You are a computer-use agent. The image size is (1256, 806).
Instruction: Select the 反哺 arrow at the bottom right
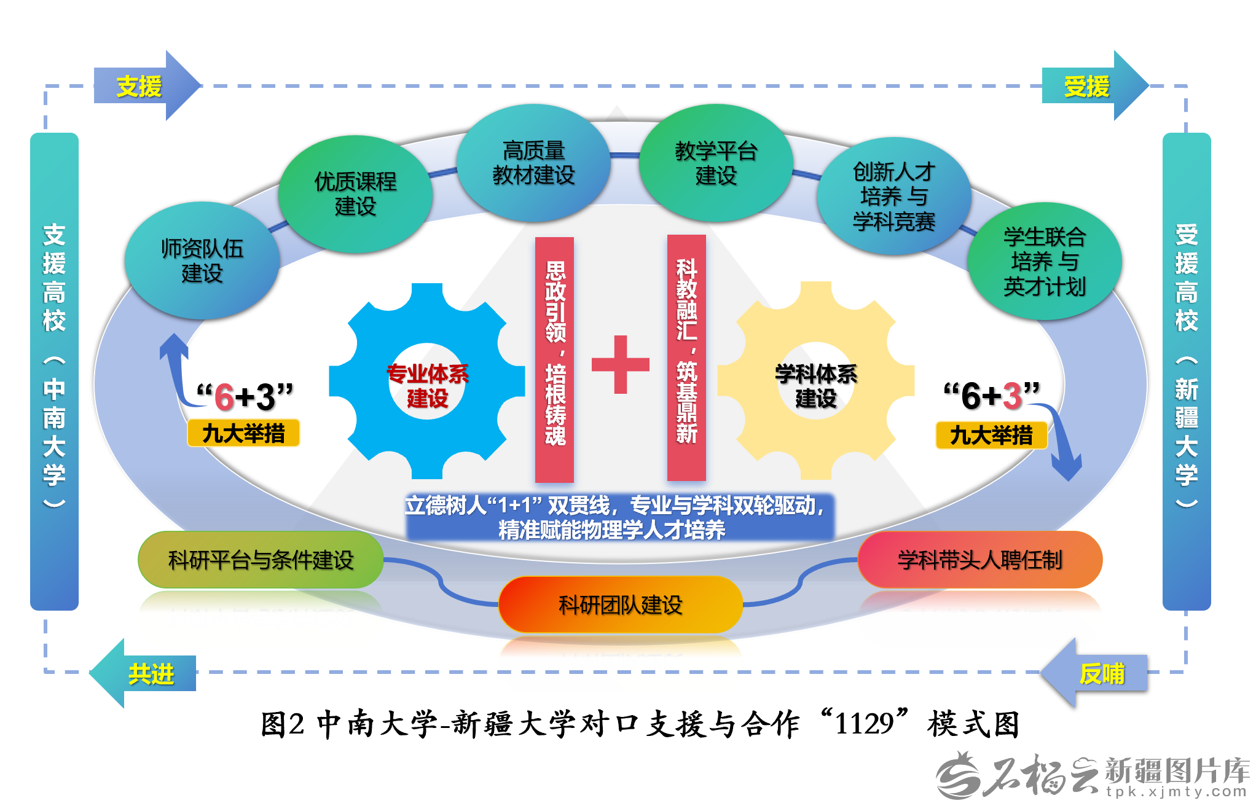tap(1097, 673)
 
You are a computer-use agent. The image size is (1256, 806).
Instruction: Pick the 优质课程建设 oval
tap(355, 194)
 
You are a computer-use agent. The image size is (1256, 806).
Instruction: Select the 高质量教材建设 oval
tap(533, 163)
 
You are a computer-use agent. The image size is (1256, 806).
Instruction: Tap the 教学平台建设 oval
tap(716, 163)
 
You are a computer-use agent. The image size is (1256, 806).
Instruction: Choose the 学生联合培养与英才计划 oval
tap(1044, 262)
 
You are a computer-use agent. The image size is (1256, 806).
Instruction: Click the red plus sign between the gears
tap(621, 364)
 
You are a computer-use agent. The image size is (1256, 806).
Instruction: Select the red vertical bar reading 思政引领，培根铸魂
tap(554, 359)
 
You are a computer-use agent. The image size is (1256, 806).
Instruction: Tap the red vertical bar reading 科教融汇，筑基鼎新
tap(686, 358)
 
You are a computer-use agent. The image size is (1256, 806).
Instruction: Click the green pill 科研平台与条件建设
tap(261, 560)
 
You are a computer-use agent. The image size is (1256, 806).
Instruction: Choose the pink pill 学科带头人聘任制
tap(979, 560)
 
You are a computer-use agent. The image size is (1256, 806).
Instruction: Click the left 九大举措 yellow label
tap(243, 433)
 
